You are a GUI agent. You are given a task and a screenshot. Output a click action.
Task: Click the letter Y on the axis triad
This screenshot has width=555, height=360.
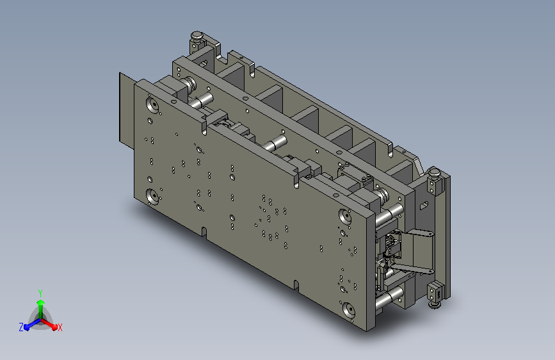40,293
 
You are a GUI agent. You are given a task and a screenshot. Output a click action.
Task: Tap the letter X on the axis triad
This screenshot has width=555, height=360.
60,327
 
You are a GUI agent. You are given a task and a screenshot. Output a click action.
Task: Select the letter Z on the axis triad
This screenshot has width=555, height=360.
21,327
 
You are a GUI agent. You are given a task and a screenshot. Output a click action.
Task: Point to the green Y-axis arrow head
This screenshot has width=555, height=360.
40,303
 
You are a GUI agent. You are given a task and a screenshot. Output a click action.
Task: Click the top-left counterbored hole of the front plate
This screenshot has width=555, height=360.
152,104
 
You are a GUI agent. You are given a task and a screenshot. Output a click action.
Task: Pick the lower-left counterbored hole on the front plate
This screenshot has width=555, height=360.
152,196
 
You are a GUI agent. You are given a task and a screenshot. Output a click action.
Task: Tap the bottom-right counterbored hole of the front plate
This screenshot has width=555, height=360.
349,311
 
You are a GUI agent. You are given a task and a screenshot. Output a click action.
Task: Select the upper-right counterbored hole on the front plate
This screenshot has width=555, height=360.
346,216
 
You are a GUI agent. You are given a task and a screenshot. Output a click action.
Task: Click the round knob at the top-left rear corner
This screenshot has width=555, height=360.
197,36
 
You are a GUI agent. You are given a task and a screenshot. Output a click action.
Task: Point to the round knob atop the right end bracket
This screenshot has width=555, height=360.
434,174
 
